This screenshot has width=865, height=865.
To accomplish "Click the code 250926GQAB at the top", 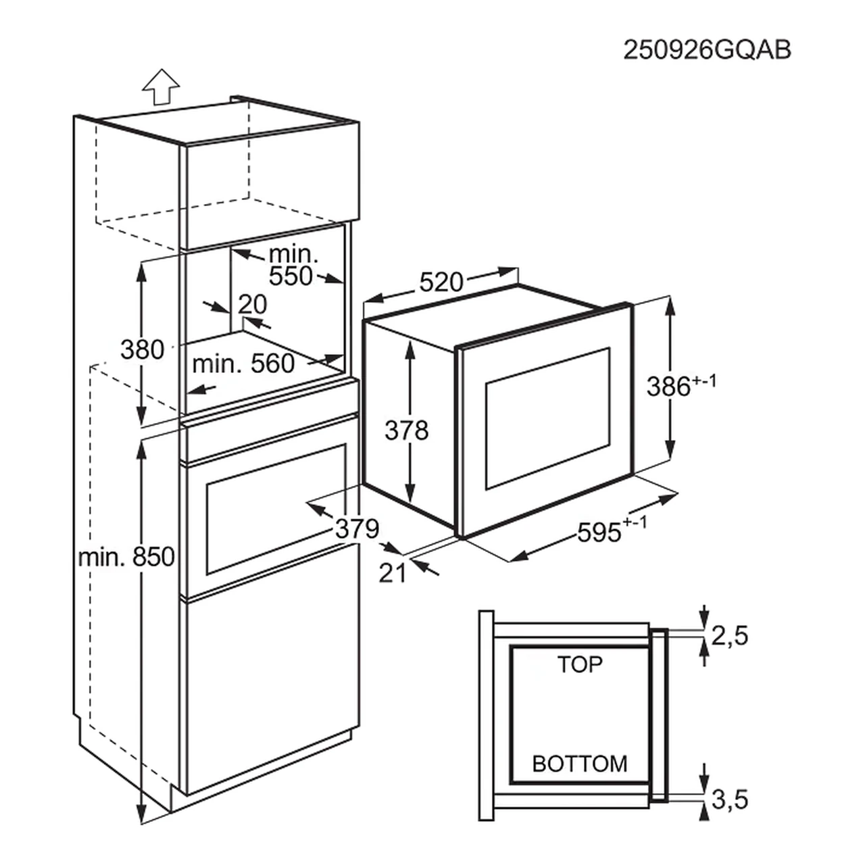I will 706,51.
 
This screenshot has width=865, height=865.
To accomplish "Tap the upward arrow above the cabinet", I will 161,87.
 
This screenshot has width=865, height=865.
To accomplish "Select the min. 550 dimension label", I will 293,266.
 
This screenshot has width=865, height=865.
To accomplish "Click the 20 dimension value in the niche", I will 253,305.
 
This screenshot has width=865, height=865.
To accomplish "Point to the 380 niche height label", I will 142,349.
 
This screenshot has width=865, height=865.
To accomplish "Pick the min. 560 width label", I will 243,364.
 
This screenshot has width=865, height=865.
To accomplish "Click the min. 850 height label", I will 127,557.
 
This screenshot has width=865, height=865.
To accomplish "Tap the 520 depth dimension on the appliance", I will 441,282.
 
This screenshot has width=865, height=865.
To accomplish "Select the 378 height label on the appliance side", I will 406,430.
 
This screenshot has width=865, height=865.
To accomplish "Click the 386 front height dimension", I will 679,386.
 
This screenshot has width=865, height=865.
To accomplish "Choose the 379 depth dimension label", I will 357,528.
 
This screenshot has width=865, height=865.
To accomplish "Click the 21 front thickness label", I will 392,573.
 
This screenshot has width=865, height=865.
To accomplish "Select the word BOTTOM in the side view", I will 580,764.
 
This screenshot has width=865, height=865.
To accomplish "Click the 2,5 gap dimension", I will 730,635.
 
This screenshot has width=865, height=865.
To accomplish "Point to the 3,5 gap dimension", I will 730,800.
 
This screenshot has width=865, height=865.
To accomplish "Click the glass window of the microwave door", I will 547,419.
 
